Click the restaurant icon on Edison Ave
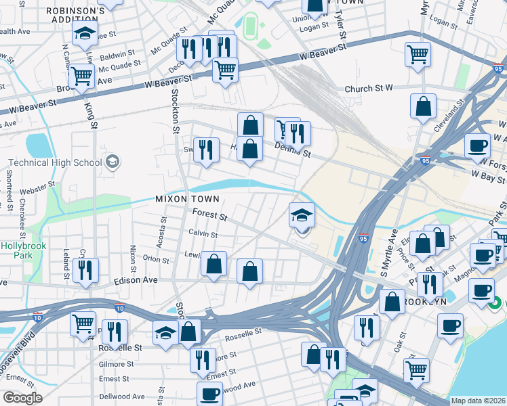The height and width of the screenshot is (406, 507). [x=86, y=269]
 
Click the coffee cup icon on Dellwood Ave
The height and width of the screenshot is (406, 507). [x=209, y=393]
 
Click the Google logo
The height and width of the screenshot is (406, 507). [x=23, y=398]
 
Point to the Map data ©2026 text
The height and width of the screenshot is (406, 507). [x=476, y=401]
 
